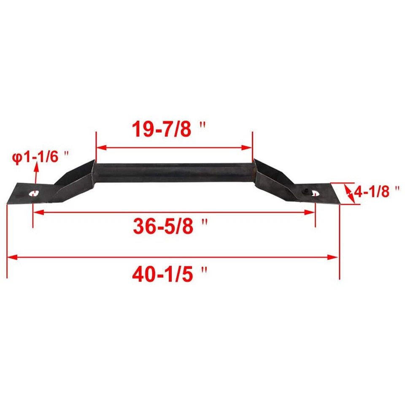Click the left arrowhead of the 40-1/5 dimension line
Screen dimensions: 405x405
click(x=11, y=256)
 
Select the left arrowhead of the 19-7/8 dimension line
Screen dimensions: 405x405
click(x=100, y=148)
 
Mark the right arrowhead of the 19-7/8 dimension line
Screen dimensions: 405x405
click(x=248, y=148)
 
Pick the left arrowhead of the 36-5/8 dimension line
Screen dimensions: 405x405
click(x=37, y=212)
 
